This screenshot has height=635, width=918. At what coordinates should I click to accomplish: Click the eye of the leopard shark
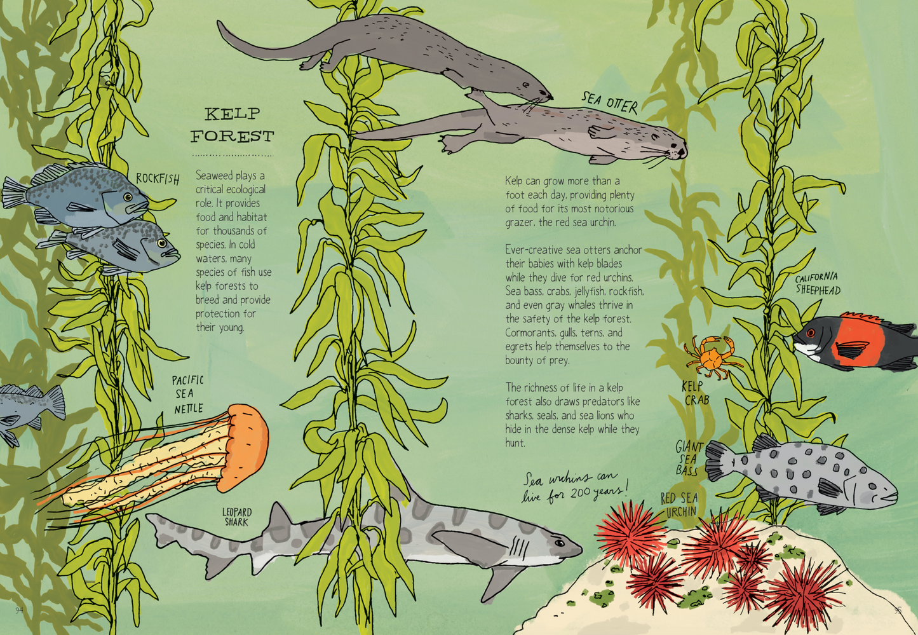pos(559,543)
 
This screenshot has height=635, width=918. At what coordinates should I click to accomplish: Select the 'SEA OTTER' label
pos(610,102)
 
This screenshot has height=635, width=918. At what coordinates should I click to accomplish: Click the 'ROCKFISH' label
pos(158,179)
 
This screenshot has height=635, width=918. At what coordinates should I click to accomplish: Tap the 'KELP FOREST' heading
pos(232,125)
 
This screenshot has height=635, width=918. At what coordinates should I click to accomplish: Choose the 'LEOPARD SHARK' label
pos(236,517)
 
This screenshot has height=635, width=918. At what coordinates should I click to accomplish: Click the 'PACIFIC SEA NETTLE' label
pos(188,394)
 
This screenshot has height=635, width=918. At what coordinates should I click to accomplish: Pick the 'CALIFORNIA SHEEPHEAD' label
pos(818,283)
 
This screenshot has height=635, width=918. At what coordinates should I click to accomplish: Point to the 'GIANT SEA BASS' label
pos(689,458)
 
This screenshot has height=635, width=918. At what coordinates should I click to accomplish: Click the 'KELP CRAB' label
pos(695,393)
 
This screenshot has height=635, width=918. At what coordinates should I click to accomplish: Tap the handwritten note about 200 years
pos(574,486)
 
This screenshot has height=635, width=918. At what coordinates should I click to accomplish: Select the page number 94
pos(19,610)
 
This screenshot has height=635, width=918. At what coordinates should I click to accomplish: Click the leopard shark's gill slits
pos(521,546)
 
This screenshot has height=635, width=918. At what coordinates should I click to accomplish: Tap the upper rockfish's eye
pos(128,198)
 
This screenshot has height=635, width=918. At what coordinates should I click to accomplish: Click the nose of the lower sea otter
pos(684,152)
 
